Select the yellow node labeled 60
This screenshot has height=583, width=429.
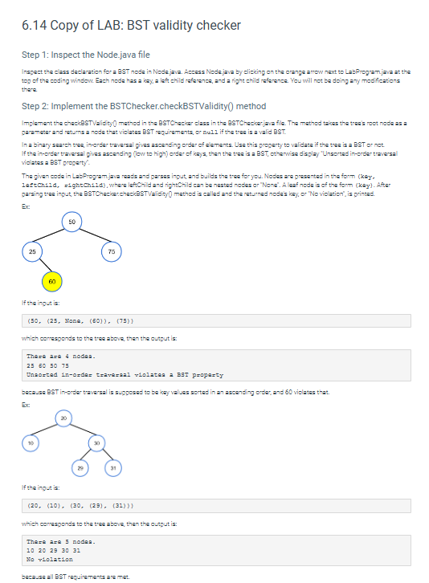50,281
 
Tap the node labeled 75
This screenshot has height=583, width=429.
112,250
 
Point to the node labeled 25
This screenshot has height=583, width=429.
31,250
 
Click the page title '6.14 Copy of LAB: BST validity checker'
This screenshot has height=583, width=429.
132,25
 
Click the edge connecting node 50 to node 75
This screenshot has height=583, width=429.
92,234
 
